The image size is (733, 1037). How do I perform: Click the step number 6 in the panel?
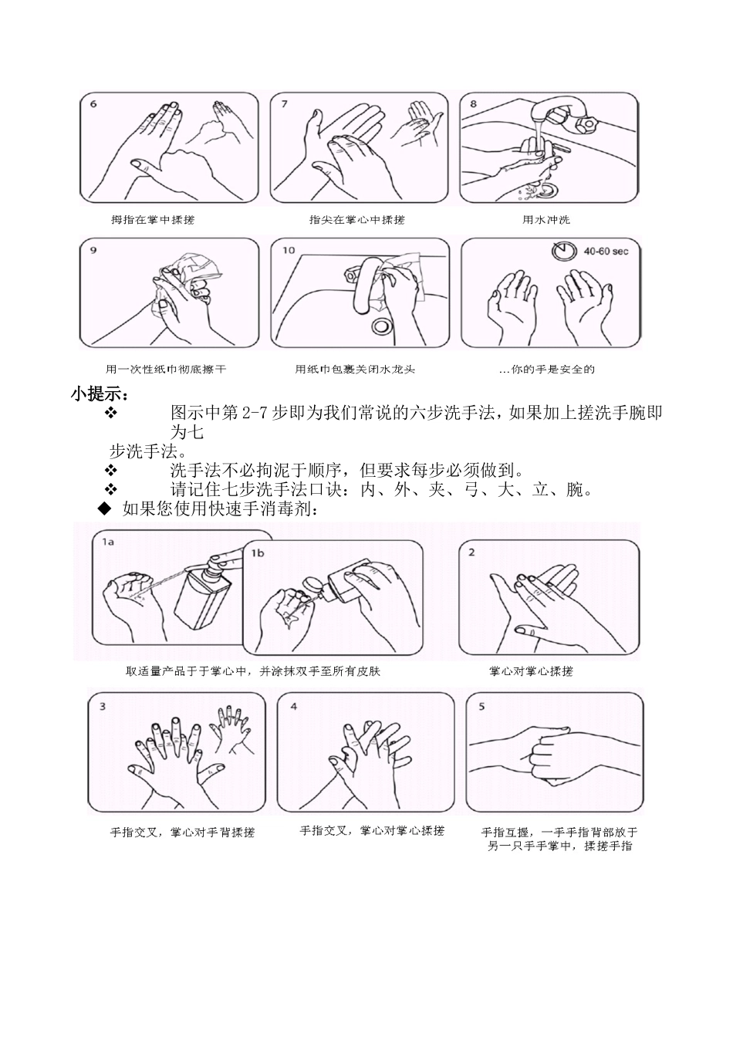94,104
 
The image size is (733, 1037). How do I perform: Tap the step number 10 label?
288,250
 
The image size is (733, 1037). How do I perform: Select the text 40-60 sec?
606,252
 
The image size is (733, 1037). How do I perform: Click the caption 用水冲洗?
546,220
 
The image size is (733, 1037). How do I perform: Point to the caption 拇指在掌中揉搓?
153,220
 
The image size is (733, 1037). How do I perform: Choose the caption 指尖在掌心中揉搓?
356,220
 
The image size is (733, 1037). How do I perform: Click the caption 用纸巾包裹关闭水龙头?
355,370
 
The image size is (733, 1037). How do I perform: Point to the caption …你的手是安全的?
546,370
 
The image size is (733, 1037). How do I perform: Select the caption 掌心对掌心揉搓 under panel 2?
531,671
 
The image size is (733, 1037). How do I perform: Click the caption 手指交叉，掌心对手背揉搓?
182,833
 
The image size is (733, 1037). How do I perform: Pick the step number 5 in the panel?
482,706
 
